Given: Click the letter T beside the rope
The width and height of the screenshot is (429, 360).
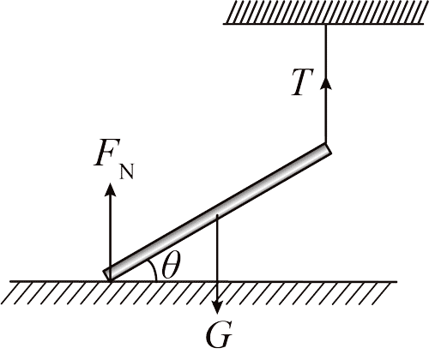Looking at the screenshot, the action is [x=303, y=82].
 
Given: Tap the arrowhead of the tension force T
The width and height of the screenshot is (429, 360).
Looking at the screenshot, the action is [x=325, y=83].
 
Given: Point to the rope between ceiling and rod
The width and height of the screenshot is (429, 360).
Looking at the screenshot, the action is [x=325, y=84].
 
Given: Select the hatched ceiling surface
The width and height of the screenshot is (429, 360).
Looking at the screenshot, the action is [x=323, y=13].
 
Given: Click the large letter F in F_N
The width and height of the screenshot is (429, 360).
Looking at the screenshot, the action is [x=106, y=153].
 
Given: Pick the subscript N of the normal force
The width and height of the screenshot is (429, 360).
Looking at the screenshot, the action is [x=127, y=171].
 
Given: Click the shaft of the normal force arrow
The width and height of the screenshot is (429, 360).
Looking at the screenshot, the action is [x=110, y=232].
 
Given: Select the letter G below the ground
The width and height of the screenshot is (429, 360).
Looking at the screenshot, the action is [x=218, y=336].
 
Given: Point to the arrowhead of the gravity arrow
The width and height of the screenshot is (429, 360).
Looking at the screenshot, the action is [x=217, y=306].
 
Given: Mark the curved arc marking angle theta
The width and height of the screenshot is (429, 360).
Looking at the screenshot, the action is [x=154, y=270].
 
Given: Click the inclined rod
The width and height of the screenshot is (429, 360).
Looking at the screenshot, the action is [x=217, y=212].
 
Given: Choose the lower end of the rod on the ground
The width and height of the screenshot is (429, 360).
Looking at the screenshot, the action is [x=106, y=275].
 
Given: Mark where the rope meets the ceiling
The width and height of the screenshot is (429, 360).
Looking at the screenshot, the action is [x=325, y=25].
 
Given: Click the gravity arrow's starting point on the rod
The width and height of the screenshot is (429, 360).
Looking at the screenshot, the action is [x=217, y=215].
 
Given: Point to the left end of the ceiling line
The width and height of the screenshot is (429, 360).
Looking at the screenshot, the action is [x=224, y=24].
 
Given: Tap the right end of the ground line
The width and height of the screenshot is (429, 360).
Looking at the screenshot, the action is [x=397, y=282].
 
